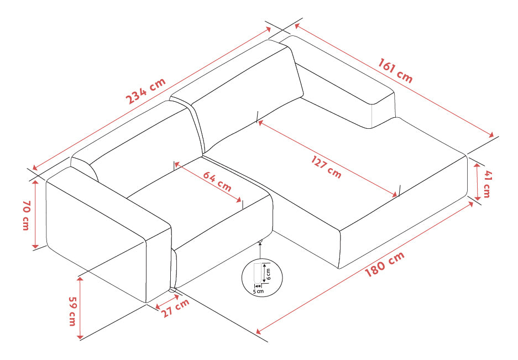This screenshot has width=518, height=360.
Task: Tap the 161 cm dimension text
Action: (x=395, y=71)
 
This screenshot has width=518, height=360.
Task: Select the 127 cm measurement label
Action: (x=326, y=167)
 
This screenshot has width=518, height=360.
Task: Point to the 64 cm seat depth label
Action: (x=217, y=181)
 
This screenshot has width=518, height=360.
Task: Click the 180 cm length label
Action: (x=385, y=264)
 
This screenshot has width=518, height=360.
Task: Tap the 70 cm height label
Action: (x=27, y=215)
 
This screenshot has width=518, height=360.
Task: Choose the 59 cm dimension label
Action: (x=72, y=311)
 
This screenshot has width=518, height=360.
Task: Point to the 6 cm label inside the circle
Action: (x=268, y=274)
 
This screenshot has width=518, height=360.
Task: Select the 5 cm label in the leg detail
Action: (x=258, y=291)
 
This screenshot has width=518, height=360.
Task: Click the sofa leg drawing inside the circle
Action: (x=258, y=273)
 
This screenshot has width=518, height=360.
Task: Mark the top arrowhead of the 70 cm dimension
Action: (x=35, y=184)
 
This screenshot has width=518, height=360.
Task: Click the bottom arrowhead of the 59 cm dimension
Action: (x=80, y=336)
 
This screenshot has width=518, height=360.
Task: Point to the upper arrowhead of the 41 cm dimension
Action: (x=478, y=165)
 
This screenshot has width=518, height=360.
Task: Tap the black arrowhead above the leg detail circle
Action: (x=260, y=244)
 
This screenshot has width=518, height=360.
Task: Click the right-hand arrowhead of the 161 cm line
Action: (x=491, y=135)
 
